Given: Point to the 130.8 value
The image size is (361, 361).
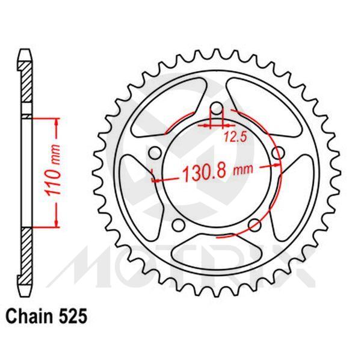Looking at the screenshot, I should (x=202, y=172).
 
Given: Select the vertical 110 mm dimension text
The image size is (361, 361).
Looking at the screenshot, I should (x=52, y=172).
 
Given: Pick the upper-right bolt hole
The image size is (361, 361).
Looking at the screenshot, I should (x=277, y=155).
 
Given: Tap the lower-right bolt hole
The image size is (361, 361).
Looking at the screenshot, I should (x=255, y=225).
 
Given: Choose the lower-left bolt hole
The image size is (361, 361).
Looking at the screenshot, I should (x=178, y=226).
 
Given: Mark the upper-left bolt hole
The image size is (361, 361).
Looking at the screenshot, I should (x=155, y=154).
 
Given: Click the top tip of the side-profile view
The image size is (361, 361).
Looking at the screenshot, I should (x=24, y=51).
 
